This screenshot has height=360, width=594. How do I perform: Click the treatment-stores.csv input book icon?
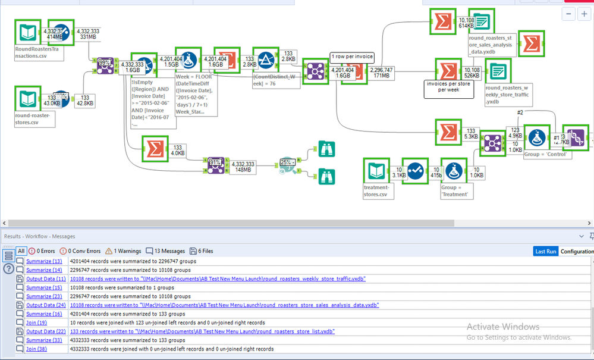[x=376, y=172]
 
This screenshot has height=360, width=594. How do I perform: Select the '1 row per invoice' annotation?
[x=351, y=57]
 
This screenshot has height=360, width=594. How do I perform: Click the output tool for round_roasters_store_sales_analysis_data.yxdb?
[x=480, y=22]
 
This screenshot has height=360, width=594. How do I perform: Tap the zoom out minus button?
[x=568, y=14]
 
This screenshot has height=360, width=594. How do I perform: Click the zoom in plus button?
[x=584, y=14]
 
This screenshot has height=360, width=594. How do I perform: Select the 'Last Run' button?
[x=545, y=252]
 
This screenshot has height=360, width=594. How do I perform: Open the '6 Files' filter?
[x=202, y=251]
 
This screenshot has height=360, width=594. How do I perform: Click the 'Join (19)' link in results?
[x=37, y=323]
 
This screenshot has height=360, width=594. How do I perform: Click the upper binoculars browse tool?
[x=326, y=149]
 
